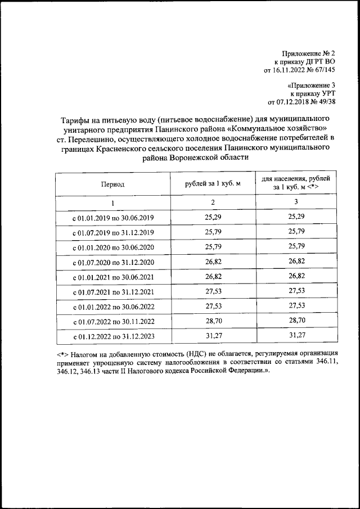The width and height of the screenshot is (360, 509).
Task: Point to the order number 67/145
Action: pyautogui.click(x=323, y=70)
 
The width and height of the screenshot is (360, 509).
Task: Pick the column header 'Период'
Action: pyautogui.click(x=112, y=184)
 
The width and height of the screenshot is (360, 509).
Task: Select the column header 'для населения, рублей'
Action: pyautogui.click(x=296, y=179)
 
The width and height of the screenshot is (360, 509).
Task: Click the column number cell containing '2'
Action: pyautogui.click(x=213, y=202)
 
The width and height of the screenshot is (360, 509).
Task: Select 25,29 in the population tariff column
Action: pyautogui.click(x=296, y=217)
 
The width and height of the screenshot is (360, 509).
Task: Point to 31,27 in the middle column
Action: pyautogui.click(x=213, y=336)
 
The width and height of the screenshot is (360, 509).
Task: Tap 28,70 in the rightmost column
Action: pyautogui.click(x=296, y=321)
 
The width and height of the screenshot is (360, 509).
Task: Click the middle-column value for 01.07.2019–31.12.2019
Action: pyautogui.click(x=213, y=232)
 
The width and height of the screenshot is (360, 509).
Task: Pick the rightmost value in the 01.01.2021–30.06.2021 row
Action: pyautogui.click(x=296, y=276)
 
